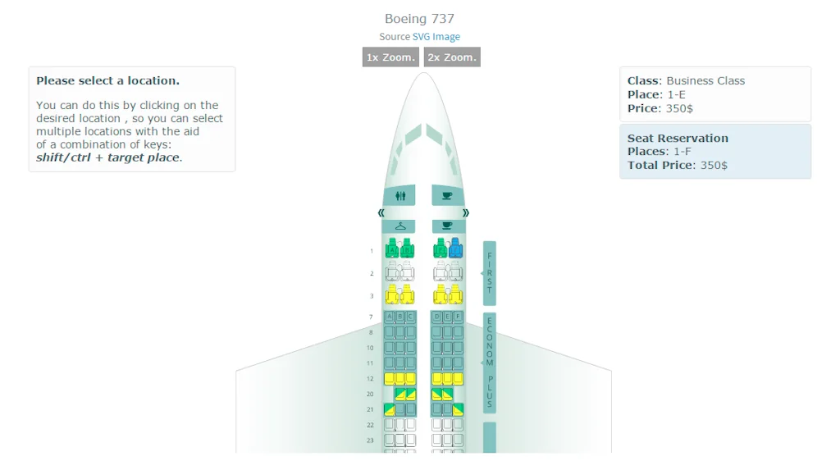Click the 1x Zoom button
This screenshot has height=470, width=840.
coord(390,57)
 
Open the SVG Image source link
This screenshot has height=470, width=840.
coord(436,37)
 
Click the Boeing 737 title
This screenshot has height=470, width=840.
coord(419,19)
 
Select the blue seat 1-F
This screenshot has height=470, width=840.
coord(455,248)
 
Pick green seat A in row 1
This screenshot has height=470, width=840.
coord(392,248)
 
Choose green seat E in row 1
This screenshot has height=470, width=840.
coord(441,248)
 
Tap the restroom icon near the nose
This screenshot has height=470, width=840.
coord(399,196)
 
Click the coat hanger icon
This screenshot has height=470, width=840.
coord(399,226)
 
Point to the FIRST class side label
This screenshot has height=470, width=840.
coord(490,273)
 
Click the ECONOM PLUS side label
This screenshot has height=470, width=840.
coord(490,362)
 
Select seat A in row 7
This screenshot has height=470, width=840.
coord(389,317)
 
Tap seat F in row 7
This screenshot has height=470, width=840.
coord(458,317)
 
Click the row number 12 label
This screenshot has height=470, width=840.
coord(370,379)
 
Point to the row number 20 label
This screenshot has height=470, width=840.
coord(370,395)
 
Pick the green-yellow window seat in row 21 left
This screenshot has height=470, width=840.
coord(389,409)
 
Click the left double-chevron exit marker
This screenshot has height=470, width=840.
coord(381,212)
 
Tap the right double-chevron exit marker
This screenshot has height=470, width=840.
coord(466,212)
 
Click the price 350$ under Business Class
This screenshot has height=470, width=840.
coord(678,108)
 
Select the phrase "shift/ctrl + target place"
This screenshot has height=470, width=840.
coord(107,157)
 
